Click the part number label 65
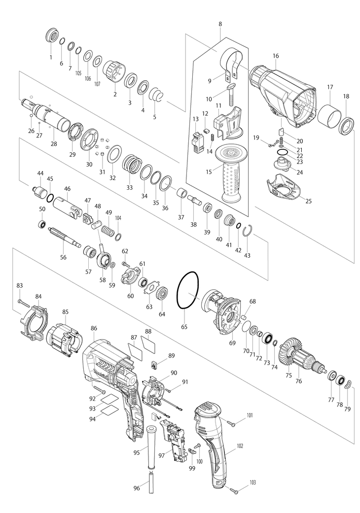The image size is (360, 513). (184, 326)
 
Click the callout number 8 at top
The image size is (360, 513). (219, 24)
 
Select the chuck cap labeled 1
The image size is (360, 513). (50, 37)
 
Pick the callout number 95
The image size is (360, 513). (139, 451)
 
